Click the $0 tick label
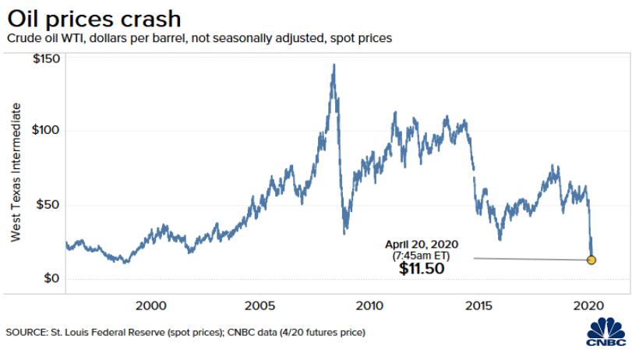[52, 278]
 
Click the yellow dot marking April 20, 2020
[591, 259]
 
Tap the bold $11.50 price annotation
[422, 269]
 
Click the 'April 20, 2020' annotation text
[423, 244]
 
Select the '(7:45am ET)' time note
[422, 255]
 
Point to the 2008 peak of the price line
[334, 65]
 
